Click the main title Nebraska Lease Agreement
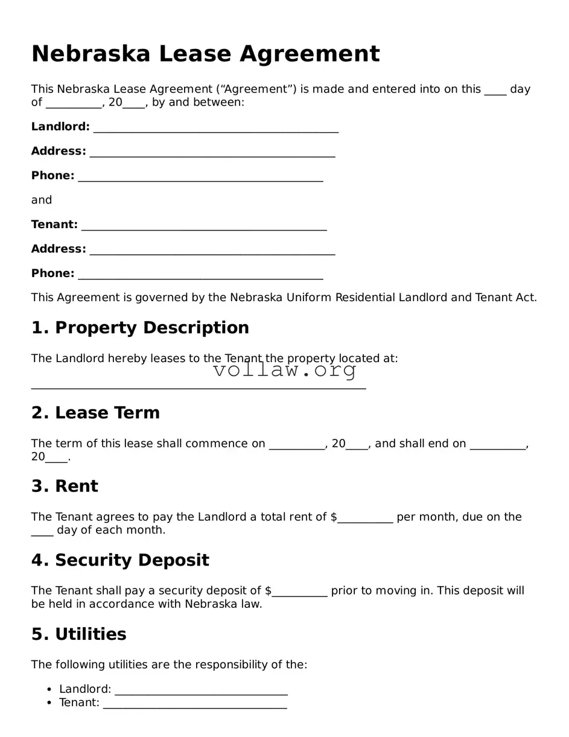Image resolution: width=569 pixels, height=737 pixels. pos(205,54)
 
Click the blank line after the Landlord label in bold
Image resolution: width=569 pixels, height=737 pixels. pos(215,129)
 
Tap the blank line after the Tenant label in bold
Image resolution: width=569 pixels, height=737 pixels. pos(204,226)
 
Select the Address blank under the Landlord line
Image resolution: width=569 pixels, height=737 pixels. pos(212,153)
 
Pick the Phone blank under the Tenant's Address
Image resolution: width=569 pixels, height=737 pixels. pos(200,275)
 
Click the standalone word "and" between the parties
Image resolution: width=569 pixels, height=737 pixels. pos(42,200)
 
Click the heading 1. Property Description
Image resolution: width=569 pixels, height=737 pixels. pos(140,328)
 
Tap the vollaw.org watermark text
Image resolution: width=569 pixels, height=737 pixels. pos(285,370)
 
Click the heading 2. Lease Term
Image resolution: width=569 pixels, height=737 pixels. pos(95,413)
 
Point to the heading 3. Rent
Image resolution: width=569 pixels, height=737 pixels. pos(65,487)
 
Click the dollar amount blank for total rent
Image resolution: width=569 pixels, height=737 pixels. pos(365,519)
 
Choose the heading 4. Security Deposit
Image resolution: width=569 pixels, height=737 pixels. pos(120,560)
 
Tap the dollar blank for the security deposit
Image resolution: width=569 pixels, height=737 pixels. pos(299,593)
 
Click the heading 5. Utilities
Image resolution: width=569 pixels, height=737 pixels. pos(78,634)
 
